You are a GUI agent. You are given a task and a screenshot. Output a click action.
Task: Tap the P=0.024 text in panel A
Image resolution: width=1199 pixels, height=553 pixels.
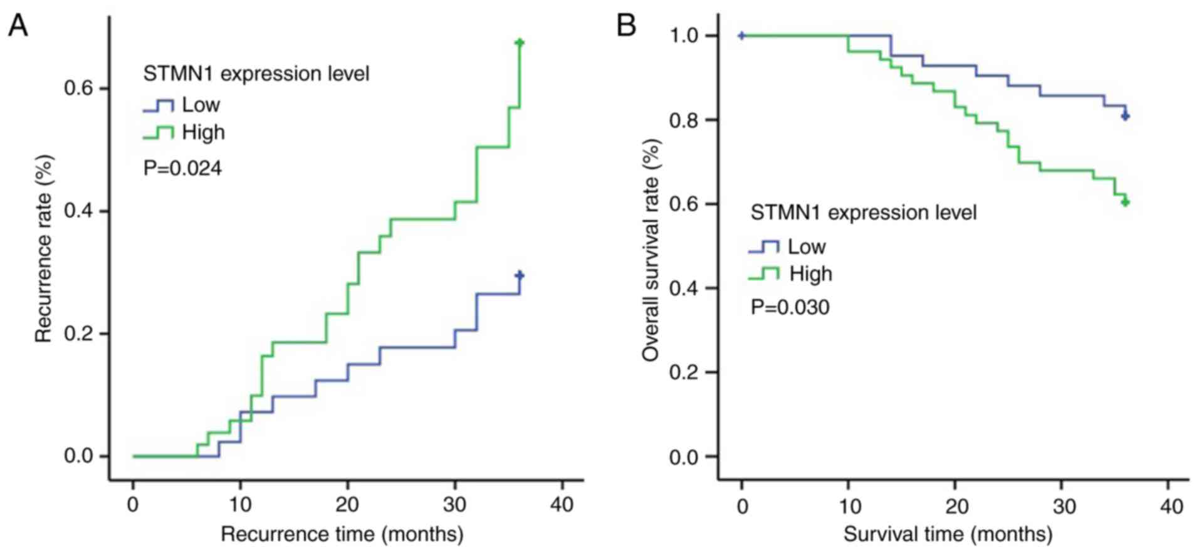pyautogui.click(x=182, y=168)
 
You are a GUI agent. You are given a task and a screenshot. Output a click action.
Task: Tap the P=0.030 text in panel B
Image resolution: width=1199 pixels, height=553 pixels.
pyautogui.click(x=790, y=307)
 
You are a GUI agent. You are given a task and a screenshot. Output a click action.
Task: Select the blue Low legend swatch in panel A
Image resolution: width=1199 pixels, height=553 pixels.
pyautogui.click(x=158, y=105)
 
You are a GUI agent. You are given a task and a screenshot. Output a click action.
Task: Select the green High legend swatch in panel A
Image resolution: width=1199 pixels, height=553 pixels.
pyautogui.click(x=158, y=133)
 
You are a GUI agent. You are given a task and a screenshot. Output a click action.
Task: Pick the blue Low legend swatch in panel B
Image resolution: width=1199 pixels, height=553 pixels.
pyautogui.click(x=763, y=247)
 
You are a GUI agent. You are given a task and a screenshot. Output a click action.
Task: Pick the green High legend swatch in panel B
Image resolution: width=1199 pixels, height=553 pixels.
pyautogui.click(x=763, y=274)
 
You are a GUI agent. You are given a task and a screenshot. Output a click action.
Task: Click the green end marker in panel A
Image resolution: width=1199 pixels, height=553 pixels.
pyautogui.click(x=519, y=43)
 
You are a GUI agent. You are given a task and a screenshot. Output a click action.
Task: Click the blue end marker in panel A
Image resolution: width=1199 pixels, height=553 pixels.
pyautogui.click(x=519, y=275)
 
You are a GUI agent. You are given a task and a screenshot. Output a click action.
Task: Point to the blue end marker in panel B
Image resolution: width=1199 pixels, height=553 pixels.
pyautogui.click(x=1125, y=116)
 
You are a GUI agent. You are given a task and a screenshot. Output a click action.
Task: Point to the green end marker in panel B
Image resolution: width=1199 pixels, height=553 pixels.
pyautogui.click(x=1125, y=202)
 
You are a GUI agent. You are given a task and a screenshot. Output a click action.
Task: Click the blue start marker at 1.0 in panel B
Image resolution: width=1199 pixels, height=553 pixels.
pyautogui.click(x=741, y=36)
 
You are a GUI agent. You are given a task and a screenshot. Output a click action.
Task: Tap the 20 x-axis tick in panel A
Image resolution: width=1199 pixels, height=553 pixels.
pyautogui.click(x=347, y=504)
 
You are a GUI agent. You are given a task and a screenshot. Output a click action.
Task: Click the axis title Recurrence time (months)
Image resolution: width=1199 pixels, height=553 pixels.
pyautogui.click(x=342, y=534)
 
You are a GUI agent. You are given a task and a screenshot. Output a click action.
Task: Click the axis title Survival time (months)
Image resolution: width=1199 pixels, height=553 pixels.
pyautogui.click(x=948, y=534)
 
